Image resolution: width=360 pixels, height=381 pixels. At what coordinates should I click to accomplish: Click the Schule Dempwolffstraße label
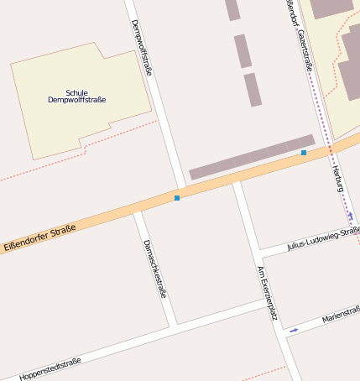(x=77, y=97)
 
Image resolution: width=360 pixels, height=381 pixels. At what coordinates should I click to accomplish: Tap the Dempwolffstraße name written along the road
(x=142, y=48)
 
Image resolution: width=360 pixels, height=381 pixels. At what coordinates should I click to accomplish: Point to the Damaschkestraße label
(x=155, y=269)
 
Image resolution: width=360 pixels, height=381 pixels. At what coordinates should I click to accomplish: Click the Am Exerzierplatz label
(x=267, y=293)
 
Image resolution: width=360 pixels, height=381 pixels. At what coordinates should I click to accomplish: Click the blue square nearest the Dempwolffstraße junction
(x=177, y=198)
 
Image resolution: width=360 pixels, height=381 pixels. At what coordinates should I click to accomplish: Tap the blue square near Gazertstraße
(x=304, y=153)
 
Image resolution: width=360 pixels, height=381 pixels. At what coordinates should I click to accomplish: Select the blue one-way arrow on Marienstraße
(x=294, y=331)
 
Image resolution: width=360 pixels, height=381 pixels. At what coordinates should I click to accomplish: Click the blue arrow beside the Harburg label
(x=350, y=215)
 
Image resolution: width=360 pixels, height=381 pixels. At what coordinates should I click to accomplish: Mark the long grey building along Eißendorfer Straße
(x=252, y=157)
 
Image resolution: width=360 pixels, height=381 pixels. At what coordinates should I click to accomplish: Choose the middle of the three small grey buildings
(x=243, y=51)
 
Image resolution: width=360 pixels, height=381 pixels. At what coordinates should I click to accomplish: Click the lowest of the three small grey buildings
(x=253, y=90)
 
